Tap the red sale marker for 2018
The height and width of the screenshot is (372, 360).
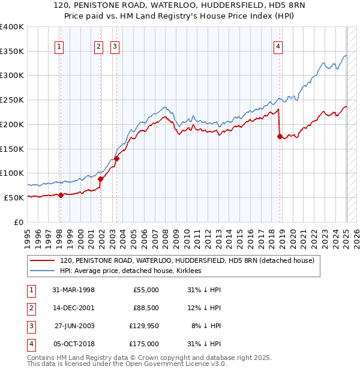click(x=280, y=136)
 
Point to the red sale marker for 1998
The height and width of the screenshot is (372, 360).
click(x=61, y=194)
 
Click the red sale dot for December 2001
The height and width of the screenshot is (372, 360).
click(x=100, y=178)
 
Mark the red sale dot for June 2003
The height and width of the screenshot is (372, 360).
click(x=116, y=158)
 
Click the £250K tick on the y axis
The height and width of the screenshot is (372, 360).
click(x=12, y=100)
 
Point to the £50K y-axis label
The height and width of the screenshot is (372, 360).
click(x=14, y=197)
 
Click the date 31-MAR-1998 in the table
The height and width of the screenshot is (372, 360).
click(x=74, y=290)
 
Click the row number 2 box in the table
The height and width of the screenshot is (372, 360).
click(x=31, y=308)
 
